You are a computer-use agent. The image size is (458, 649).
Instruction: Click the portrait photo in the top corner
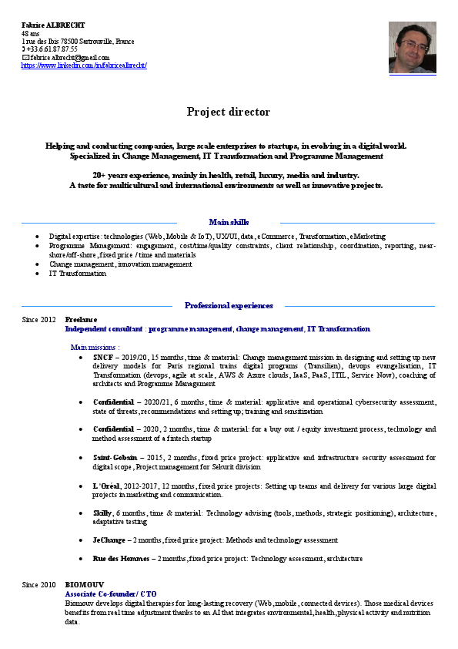click(413, 47)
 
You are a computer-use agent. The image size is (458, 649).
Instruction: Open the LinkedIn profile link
click(84, 66)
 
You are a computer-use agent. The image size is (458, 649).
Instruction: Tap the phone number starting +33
click(52, 49)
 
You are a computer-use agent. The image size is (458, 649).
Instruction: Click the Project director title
click(229, 112)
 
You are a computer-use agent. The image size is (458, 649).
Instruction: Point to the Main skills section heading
click(229, 222)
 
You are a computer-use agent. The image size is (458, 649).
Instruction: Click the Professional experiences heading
click(229, 305)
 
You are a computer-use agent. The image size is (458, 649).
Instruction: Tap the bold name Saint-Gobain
click(114, 458)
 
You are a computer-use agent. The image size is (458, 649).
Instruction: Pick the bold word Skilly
click(102, 513)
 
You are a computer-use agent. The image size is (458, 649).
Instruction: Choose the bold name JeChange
click(109, 540)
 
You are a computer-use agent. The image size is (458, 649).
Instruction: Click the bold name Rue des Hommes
click(119, 559)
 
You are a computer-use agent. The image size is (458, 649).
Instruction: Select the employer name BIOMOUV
click(84, 585)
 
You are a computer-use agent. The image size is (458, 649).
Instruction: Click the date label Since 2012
click(39, 319)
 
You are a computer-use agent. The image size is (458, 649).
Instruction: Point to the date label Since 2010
click(39, 585)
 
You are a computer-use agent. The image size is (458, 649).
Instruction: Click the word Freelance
click(81, 319)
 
